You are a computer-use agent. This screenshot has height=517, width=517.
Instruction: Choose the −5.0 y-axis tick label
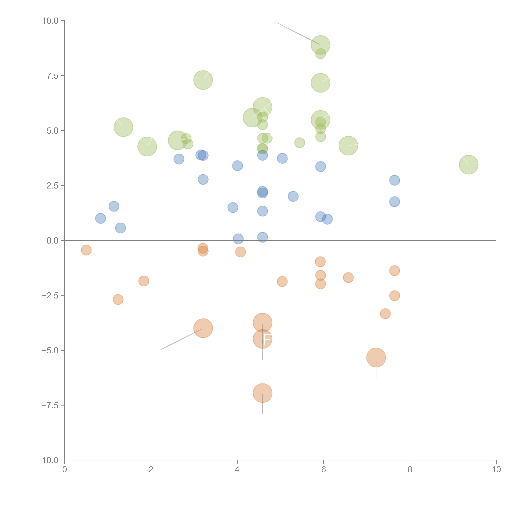(50, 350)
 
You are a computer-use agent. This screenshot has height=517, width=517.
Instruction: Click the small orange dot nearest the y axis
(86, 250)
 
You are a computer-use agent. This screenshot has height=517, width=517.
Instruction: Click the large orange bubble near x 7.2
(376, 358)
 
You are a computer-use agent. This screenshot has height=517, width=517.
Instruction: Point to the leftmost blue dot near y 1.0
(100, 218)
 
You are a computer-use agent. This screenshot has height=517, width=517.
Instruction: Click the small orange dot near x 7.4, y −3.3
(385, 314)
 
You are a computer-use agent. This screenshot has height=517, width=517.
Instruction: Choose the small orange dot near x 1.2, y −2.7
(118, 299)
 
